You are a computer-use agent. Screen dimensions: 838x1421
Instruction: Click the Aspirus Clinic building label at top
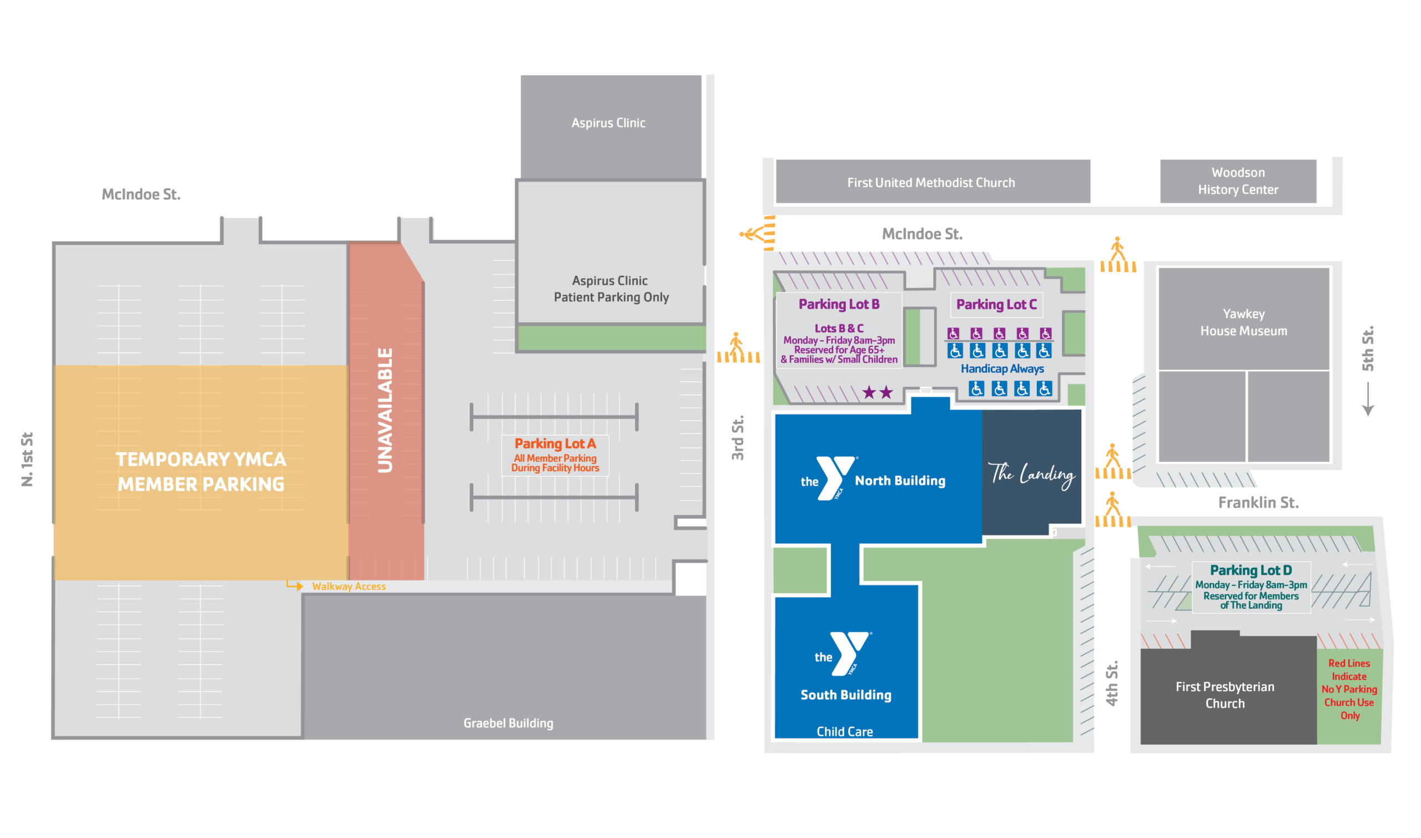click(x=608, y=123)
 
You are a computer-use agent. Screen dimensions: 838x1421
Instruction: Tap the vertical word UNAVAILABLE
click(x=385, y=410)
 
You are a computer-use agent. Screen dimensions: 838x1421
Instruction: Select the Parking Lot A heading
click(x=555, y=443)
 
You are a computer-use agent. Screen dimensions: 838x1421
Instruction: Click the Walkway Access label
click(x=349, y=586)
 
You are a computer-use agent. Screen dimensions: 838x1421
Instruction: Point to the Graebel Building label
click(x=508, y=723)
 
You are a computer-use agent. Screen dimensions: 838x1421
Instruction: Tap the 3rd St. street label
click(x=737, y=438)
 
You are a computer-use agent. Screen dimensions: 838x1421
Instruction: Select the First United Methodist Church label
click(x=930, y=183)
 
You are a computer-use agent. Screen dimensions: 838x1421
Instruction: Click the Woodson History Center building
click(x=1237, y=181)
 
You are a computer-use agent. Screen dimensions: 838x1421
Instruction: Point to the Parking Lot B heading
click(x=838, y=304)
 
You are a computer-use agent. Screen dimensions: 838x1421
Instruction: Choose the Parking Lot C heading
click(x=996, y=304)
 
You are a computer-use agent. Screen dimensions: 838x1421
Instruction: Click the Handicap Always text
click(x=1002, y=368)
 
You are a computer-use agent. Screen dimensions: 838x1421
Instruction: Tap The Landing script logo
click(x=1031, y=474)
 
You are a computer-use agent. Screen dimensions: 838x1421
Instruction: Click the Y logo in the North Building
click(x=835, y=478)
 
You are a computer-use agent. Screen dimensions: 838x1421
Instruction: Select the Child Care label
click(x=844, y=731)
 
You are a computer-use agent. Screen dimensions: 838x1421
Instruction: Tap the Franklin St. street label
click(x=1258, y=502)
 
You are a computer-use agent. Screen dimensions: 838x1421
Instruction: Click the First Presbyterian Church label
click(x=1225, y=695)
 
